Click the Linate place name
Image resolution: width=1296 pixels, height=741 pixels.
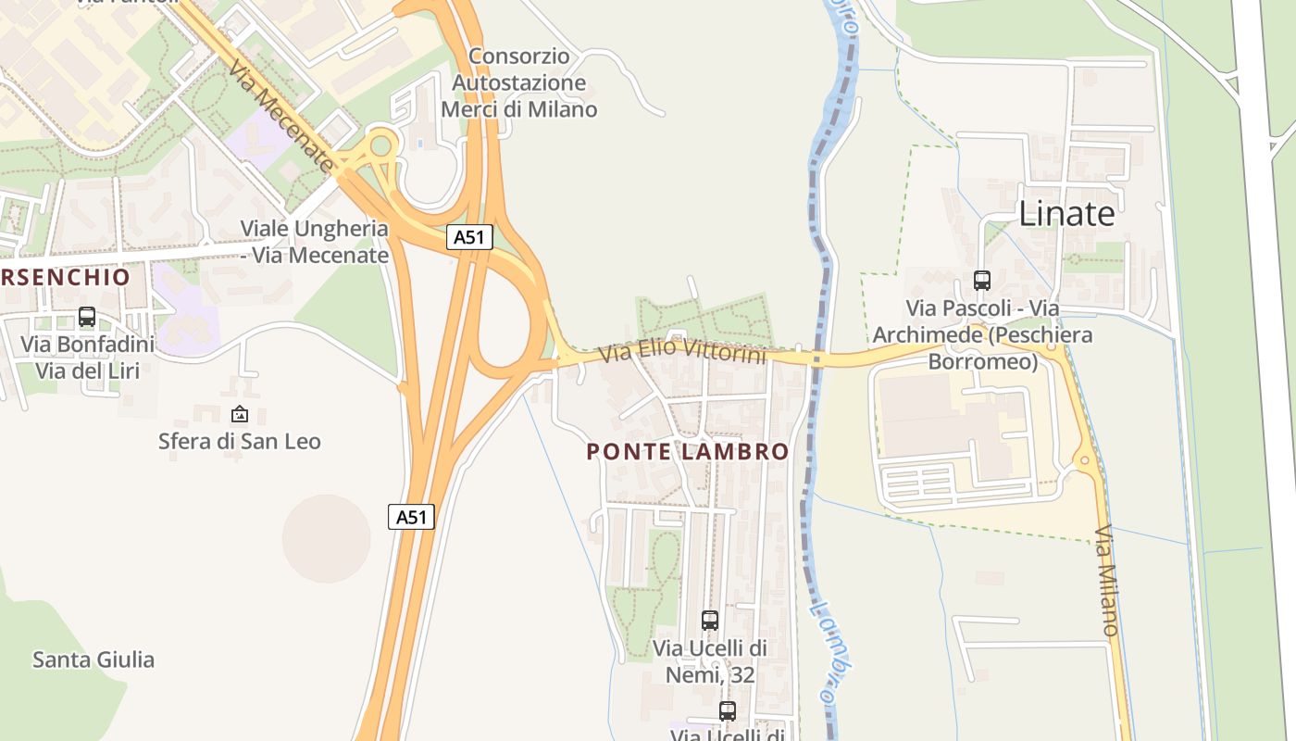[x=1066, y=214]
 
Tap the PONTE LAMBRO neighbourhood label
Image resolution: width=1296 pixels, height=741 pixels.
[x=688, y=452]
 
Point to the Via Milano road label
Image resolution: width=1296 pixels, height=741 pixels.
[x=1107, y=581]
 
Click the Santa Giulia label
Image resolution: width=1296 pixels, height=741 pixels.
[x=93, y=659]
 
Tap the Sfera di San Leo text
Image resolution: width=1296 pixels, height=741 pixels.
[x=240, y=441]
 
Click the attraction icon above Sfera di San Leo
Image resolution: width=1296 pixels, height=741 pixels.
[x=240, y=414]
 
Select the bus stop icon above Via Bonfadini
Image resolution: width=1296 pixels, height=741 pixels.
[x=87, y=317]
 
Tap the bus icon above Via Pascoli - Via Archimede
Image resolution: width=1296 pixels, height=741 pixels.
[x=982, y=280]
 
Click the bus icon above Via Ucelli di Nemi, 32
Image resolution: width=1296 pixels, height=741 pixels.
[x=710, y=621]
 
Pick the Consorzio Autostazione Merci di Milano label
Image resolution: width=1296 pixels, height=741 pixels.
[x=519, y=82]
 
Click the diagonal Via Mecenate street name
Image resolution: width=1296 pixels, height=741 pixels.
[x=280, y=116]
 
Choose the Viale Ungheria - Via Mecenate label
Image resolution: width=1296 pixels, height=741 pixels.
[x=315, y=241]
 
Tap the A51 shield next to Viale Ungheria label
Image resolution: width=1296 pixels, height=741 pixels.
[x=469, y=237]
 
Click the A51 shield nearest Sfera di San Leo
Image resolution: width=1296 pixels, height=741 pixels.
[x=411, y=517]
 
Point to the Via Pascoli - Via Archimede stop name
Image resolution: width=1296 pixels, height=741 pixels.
[x=982, y=334]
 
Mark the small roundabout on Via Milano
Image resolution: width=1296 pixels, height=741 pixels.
[x=1085, y=460]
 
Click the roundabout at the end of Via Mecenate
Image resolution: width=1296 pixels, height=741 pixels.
[x=380, y=146]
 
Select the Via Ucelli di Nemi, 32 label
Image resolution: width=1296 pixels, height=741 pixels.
[x=710, y=660]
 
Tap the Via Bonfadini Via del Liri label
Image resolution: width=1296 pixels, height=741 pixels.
[x=87, y=358]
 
